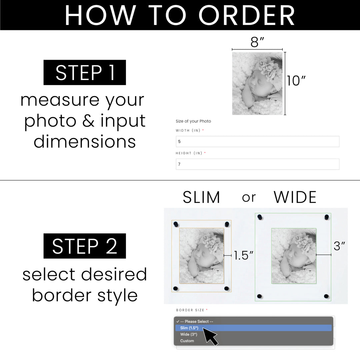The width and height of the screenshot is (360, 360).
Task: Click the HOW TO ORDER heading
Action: click(x=180, y=15)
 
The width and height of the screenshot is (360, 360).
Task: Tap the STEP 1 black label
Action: click(x=85, y=72)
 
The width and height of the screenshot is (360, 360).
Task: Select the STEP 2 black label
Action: click(x=85, y=246)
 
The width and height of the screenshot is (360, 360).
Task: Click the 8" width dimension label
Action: click(x=257, y=42)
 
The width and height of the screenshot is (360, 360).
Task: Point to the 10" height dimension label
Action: click(x=296, y=81)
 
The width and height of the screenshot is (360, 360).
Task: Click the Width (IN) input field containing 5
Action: click(x=257, y=141)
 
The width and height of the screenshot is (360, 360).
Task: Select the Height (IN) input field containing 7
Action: click(x=257, y=164)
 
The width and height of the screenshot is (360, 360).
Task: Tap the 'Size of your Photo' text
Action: click(x=193, y=121)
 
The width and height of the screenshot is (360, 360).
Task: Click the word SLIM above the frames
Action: click(x=201, y=197)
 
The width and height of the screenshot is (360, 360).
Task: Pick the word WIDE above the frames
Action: click(x=295, y=197)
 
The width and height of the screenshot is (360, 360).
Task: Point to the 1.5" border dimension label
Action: click(x=243, y=255)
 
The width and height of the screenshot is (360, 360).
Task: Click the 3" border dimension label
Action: click(x=339, y=246)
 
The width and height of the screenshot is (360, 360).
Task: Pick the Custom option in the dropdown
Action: click(x=187, y=341)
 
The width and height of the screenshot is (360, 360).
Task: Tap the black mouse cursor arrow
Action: click(x=210, y=336)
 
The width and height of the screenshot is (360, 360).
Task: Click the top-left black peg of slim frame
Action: click(x=176, y=224)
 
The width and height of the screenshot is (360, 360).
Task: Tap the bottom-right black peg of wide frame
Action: click(x=326, y=296)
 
